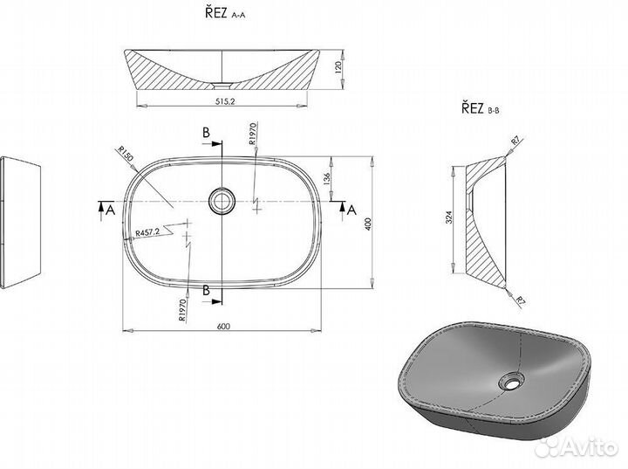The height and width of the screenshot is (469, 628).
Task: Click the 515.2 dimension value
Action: (x=225, y=101)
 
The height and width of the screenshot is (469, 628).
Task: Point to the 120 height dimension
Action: (x=338, y=68)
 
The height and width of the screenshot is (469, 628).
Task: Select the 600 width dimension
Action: (x=223, y=326)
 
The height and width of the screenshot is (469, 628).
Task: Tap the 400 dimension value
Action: (x=368, y=224)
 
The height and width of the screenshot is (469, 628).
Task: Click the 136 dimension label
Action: (x=326, y=178)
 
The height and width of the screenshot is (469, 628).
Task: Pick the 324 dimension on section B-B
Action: (x=449, y=217)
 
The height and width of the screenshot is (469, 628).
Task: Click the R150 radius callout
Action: (x=126, y=154)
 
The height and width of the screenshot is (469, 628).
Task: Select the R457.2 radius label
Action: (x=147, y=232)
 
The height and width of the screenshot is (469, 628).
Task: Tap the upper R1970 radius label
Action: (x=252, y=134)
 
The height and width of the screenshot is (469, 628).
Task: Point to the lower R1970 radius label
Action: (x=182, y=310)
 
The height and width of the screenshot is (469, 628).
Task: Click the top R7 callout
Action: (x=515, y=141)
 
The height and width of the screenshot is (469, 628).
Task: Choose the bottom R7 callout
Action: (x=520, y=300)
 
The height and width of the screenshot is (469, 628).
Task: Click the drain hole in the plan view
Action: (x=221, y=201)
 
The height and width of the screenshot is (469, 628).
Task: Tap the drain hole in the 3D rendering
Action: (x=511, y=381)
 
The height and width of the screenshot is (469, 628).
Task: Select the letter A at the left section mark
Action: (x=110, y=210)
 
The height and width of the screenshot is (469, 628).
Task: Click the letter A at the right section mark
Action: (x=352, y=210)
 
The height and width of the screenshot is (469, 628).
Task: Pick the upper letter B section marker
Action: (x=206, y=133)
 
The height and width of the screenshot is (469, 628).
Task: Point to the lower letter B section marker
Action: (x=206, y=290)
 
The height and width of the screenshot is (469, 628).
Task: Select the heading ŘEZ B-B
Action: (x=481, y=108)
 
